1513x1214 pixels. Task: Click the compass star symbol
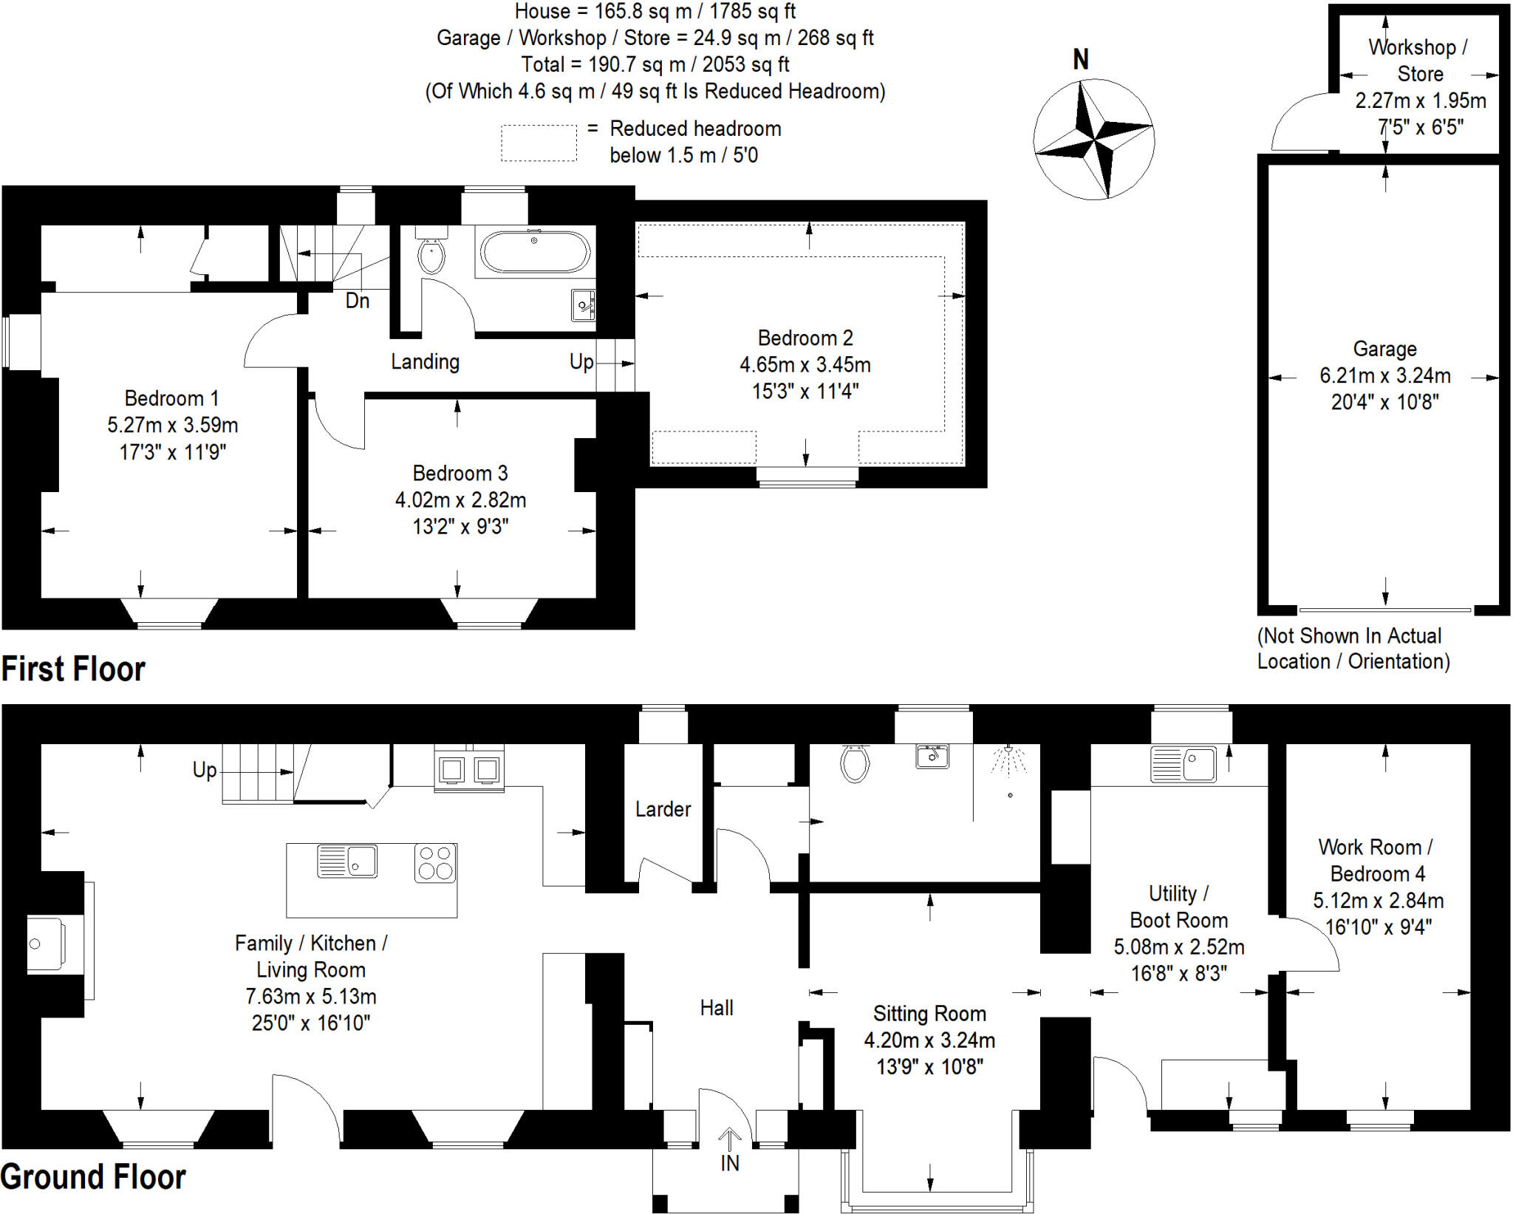click(1093, 139)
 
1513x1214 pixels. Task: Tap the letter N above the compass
click(1081, 60)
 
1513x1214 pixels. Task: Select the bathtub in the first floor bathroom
click(535, 252)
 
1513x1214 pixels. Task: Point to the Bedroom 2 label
click(805, 338)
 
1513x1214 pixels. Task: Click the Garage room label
click(1384, 349)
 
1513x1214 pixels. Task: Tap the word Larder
click(663, 809)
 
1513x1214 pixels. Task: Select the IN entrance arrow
click(730, 1142)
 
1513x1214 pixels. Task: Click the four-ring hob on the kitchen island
click(435, 863)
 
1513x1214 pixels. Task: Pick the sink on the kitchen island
click(348, 862)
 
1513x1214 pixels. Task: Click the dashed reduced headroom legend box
click(539, 143)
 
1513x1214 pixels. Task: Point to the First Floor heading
click(73, 669)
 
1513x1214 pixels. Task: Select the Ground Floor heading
click(93, 1176)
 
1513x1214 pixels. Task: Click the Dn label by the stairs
click(358, 301)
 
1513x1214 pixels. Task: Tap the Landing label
click(425, 361)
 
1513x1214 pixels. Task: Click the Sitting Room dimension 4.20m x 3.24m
click(929, 1040)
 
